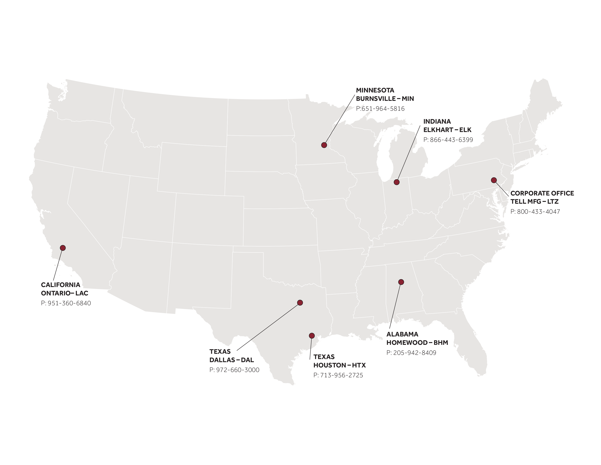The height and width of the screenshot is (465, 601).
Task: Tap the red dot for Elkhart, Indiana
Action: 396,182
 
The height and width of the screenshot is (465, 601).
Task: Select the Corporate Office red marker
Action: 494,180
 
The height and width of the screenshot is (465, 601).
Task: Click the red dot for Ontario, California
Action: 63,248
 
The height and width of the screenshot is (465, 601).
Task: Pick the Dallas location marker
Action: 300,303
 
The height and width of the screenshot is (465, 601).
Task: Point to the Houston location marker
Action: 312,336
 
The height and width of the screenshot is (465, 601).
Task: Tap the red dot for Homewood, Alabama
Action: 401,282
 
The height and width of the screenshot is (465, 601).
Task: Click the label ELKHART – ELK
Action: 447,130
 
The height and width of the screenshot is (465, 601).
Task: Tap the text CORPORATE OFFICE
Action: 542,193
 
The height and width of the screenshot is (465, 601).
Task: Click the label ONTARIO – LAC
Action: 64,293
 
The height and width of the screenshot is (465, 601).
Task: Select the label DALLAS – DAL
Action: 231,360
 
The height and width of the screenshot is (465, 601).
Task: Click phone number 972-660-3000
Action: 234,370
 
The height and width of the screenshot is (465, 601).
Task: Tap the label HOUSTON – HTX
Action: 340,365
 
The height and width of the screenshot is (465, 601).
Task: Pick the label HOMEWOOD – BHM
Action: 417,343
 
